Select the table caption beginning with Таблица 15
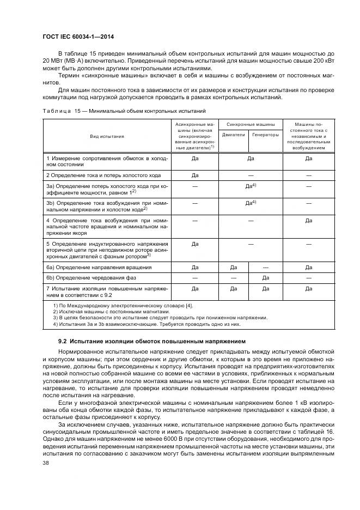pos(124,111)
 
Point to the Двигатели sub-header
pos(233,135)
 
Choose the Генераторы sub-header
pos(265,135)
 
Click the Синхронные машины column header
pos(249,124)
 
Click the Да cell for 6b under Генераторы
pos(265,277)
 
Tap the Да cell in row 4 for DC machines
pos(308,220)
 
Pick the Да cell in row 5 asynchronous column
pos(194,244)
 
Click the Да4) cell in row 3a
pos(250,186)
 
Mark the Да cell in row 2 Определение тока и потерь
pos(194,175)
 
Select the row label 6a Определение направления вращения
pos(99,268)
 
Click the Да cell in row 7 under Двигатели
pos(233,288)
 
